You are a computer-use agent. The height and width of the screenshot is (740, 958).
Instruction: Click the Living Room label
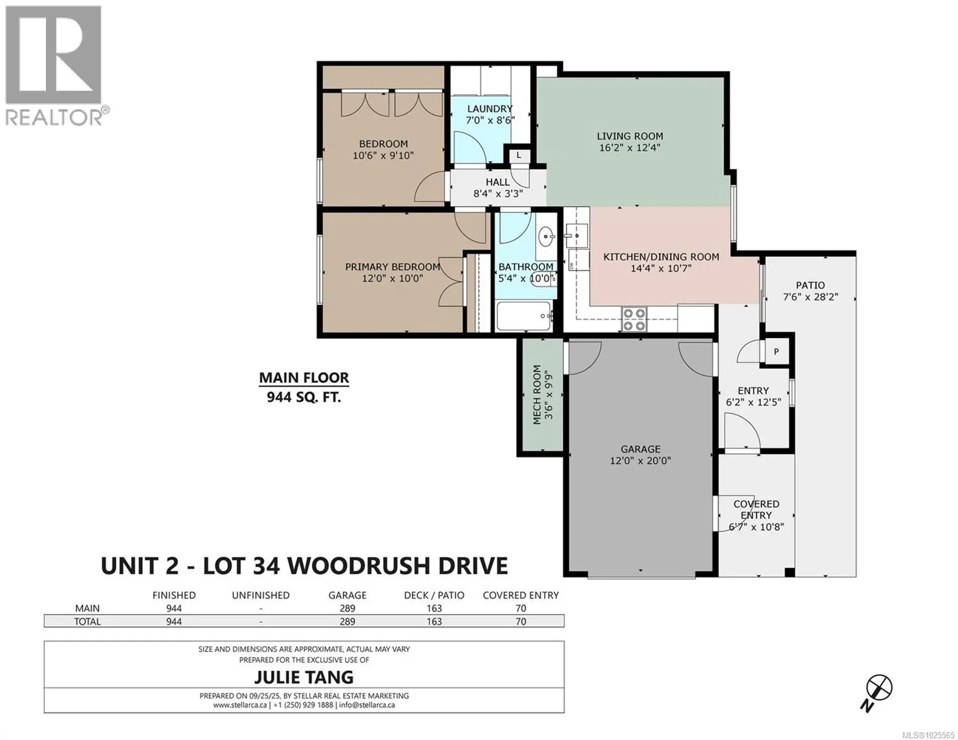point(630,136)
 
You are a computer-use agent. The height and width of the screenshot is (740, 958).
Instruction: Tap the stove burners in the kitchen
point(634,319)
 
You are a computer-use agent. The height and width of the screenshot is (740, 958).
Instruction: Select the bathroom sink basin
point(547,236)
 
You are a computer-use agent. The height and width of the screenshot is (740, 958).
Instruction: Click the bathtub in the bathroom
point(524,316)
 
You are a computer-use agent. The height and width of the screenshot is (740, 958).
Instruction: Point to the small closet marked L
point(519,156)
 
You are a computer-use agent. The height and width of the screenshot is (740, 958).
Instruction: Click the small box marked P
point(776,352)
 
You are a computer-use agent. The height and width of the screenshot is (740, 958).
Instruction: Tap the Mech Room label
point(537,394)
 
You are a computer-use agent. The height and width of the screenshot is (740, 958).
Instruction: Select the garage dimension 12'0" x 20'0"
point(640,461)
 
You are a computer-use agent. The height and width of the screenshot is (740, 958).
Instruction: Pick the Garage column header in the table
point(347,595)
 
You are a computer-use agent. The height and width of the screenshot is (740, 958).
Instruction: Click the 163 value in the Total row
point(434,621)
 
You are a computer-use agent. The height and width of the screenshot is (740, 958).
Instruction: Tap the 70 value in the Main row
point(520,608)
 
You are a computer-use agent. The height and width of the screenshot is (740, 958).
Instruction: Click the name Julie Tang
point(304,677)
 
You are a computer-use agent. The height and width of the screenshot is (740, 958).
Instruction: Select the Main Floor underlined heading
point(304,378)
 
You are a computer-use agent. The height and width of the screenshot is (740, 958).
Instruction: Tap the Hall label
point(497,183)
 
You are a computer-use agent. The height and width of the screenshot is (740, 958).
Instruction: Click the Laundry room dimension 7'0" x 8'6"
point(489,120)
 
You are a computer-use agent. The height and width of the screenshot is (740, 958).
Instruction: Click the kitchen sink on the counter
point(577,236)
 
